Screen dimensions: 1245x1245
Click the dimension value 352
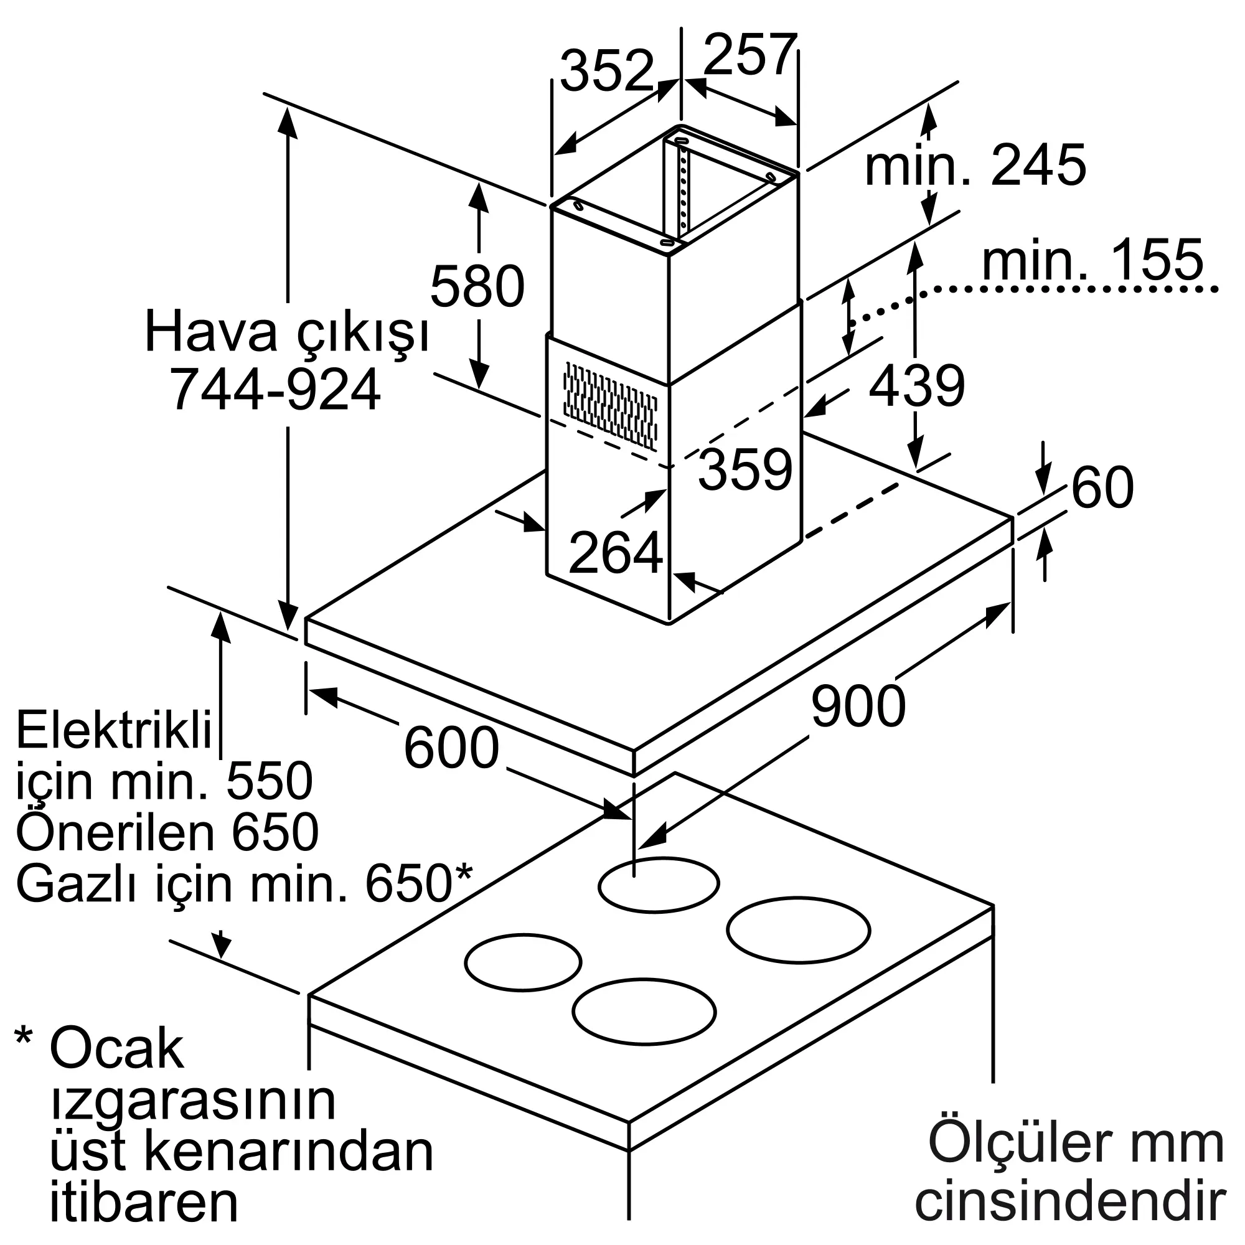606,72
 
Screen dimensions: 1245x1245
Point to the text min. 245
975,166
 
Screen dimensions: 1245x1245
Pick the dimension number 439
916,385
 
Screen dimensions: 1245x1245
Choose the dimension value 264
616,553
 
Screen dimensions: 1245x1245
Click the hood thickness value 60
1102,487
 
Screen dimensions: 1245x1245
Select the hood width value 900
858,707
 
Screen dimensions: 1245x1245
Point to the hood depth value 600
451,748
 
